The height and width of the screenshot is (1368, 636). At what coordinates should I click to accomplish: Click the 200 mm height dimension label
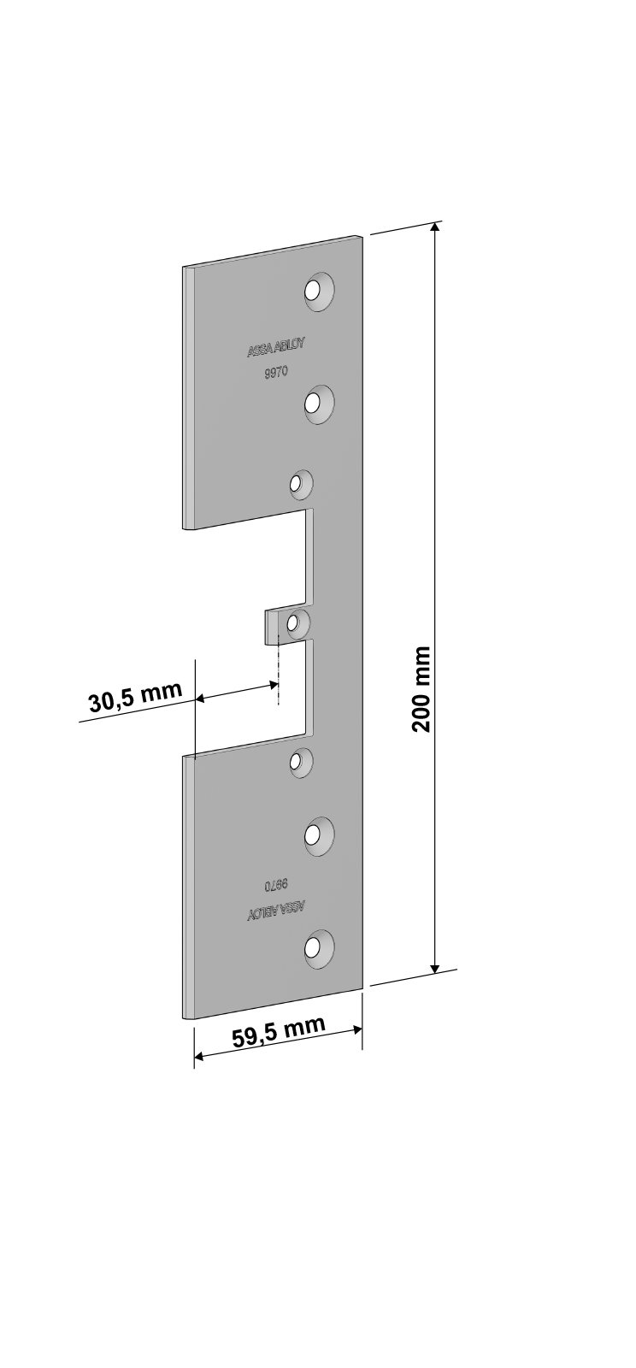click(421, 689)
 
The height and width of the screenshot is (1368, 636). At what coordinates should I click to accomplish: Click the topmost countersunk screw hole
click(319, 290)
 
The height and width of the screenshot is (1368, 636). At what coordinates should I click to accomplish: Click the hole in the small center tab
click(298, 623)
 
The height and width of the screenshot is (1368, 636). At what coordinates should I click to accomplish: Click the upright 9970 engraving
click(275, 373)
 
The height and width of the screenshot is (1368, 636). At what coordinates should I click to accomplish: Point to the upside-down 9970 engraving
click(276, 884)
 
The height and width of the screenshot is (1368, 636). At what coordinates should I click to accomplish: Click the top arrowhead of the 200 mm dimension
click(434, 227)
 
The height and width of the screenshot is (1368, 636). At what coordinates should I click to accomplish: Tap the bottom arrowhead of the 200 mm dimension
click(434, 966)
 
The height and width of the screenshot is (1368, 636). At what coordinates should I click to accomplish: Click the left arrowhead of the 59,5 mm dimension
click(199, 1057)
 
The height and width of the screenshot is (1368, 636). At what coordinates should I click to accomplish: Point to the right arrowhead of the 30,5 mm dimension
click(272, 686)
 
